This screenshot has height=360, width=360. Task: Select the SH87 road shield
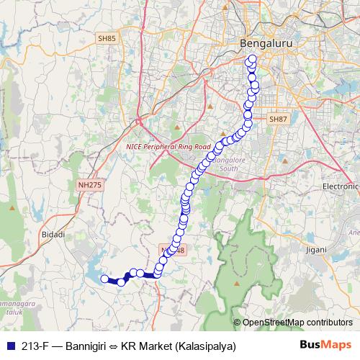[x=278, y=119]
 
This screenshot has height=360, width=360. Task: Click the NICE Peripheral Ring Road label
[x=168, y=145]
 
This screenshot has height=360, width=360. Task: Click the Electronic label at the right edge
[x=340, y=186]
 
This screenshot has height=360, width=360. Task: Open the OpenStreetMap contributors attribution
[x=297, y=323]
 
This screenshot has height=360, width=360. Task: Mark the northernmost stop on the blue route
[x=252, y=59]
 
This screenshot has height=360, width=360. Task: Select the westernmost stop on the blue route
[x=104, y=279]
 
